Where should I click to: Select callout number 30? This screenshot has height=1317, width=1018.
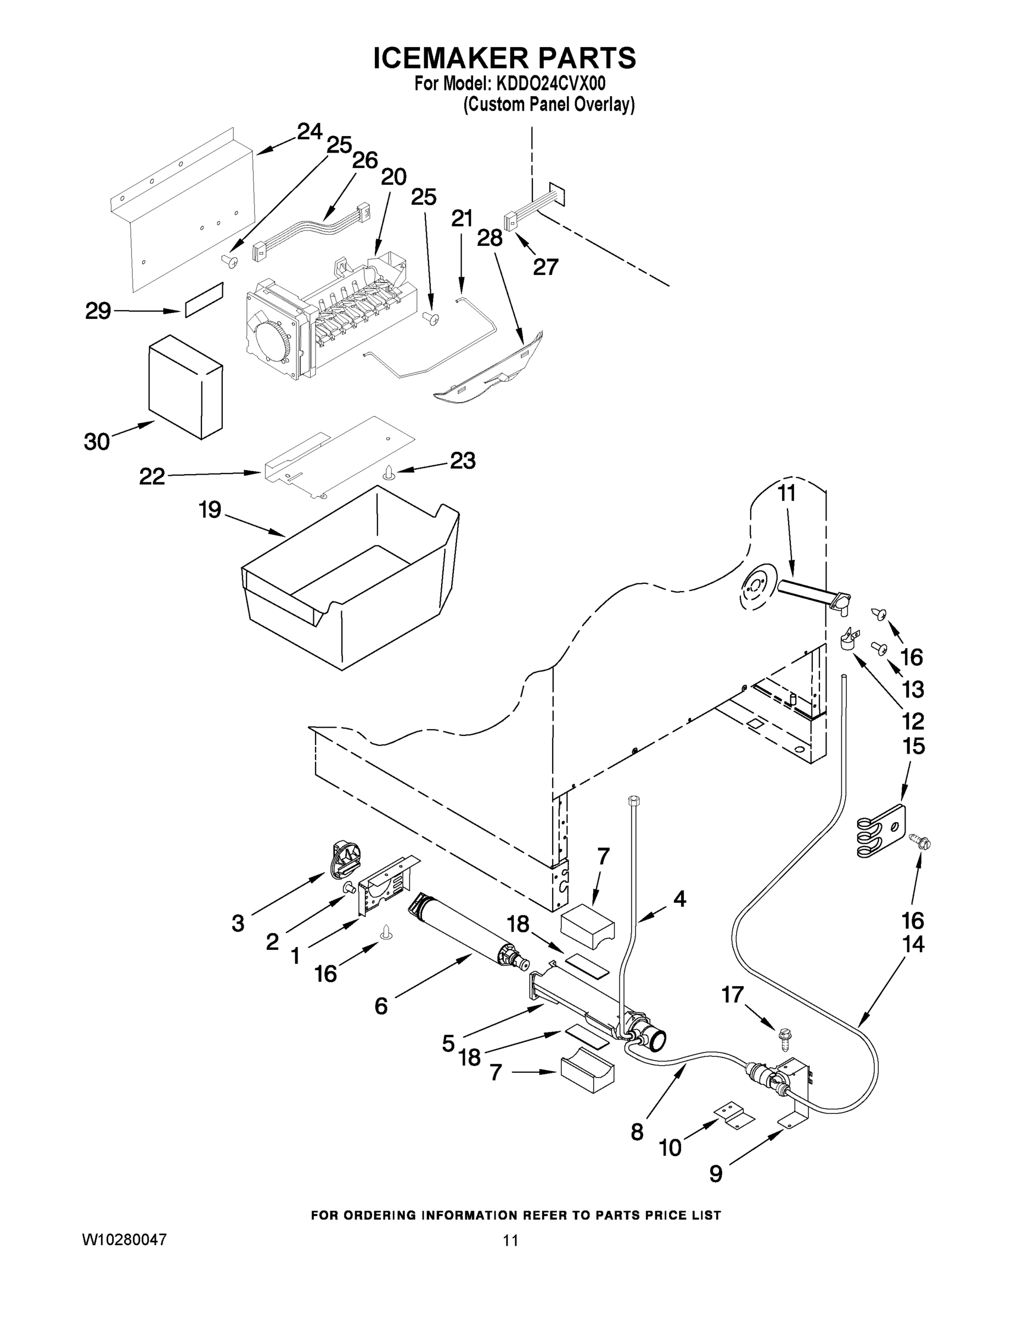[97, 441]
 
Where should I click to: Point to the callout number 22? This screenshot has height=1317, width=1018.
[151, 476]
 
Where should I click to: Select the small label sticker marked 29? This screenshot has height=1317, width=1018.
[204, 299]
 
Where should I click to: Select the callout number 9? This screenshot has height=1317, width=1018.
[715, 1173]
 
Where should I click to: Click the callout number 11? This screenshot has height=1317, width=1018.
[786, 493]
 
